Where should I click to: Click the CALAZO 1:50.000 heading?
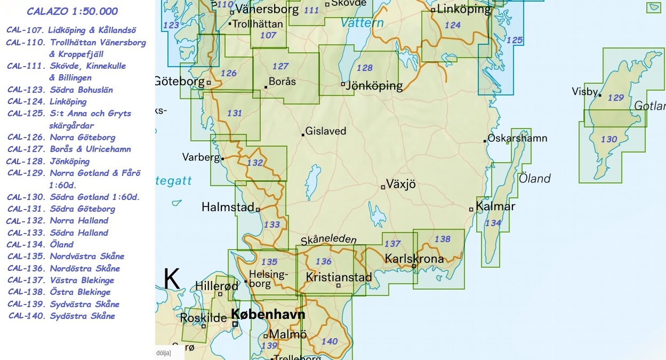click(x=73, y=11)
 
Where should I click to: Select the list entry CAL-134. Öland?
click(x=41, y=244)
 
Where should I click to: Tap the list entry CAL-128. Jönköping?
click(x=48, y=161)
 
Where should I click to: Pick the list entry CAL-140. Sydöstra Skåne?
click(x=62, y=316)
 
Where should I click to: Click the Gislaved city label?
click(x=325, y=131)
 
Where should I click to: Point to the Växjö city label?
click(x=400, y=185)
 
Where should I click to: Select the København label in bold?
click(x=269, y=314)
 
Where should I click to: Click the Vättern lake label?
click(x=362, y=23)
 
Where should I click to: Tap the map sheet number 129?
click(x=615, y=98)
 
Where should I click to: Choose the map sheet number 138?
click(x=442, y=239)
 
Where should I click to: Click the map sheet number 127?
click(x=280, y=67)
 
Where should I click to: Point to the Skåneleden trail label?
click(x=328, y=240)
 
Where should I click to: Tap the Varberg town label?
click(x=201, y=157)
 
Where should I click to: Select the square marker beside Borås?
click(x=266, y=86)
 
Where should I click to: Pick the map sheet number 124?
click(x=452, y=25)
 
